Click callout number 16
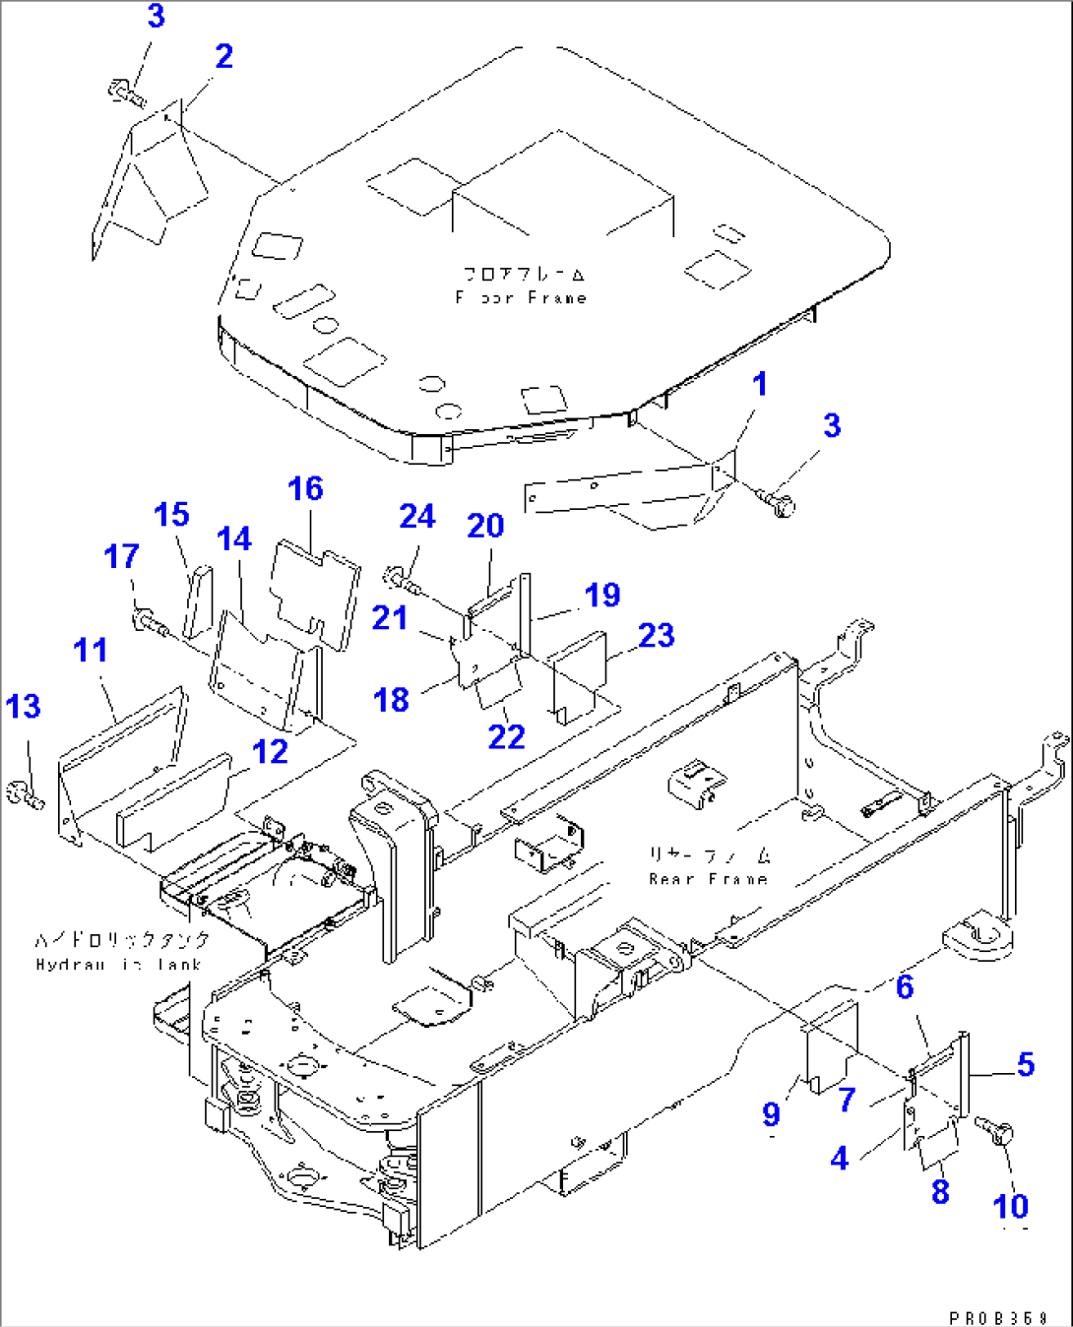tap(305, 489)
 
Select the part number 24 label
tap(417, 517)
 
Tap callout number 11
tap(91, 651)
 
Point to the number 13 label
tap(24, 707)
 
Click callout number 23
tap(657, 636)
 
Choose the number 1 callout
tap(760, 385)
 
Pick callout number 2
tap(224, 57)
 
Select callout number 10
tap(1011, 1207)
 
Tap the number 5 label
tap(1026, 1065)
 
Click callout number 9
tap(772, 1114)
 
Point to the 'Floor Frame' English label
tap(522, 297)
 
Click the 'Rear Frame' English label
tap(708, 879)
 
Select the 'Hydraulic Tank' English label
tap(118, 965)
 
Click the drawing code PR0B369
tap(998, 1317)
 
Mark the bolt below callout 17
tap(147, 621)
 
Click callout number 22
tap(507, 737)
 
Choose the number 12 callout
tap(270, 752)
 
